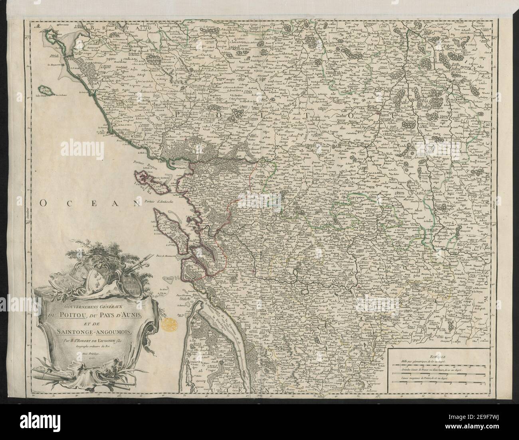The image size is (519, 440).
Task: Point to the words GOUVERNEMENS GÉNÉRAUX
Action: click(77, 305)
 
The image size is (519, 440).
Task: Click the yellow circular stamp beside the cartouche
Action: click(170, 323)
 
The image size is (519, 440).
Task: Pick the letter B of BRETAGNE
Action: click(92, 29)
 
